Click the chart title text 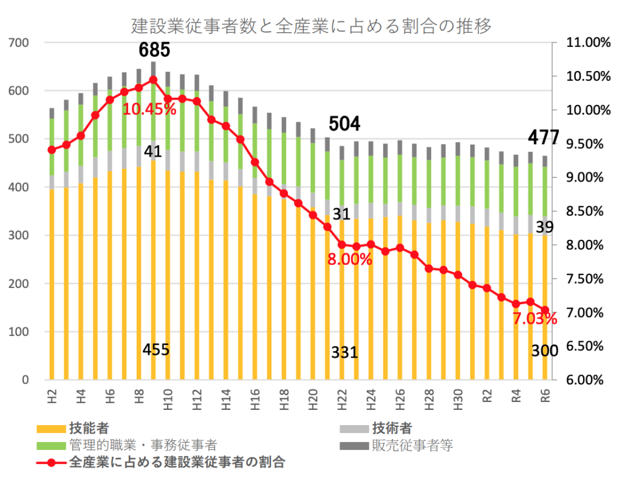[x=311, y=26]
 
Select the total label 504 [x=344, y=125]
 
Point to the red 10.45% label [x=149, y=110]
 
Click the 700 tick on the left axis [x=19, y=43]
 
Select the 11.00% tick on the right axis [x=587, y=43]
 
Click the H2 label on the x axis [x=52, y=398]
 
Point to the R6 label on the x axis [x=545, y=398]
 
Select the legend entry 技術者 [x=392, y=429]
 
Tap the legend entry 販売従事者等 [x=413, y=445]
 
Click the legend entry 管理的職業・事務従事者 [x=143, y=445]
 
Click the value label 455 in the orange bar [x=155, y=350]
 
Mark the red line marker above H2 [x=52, y=150]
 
